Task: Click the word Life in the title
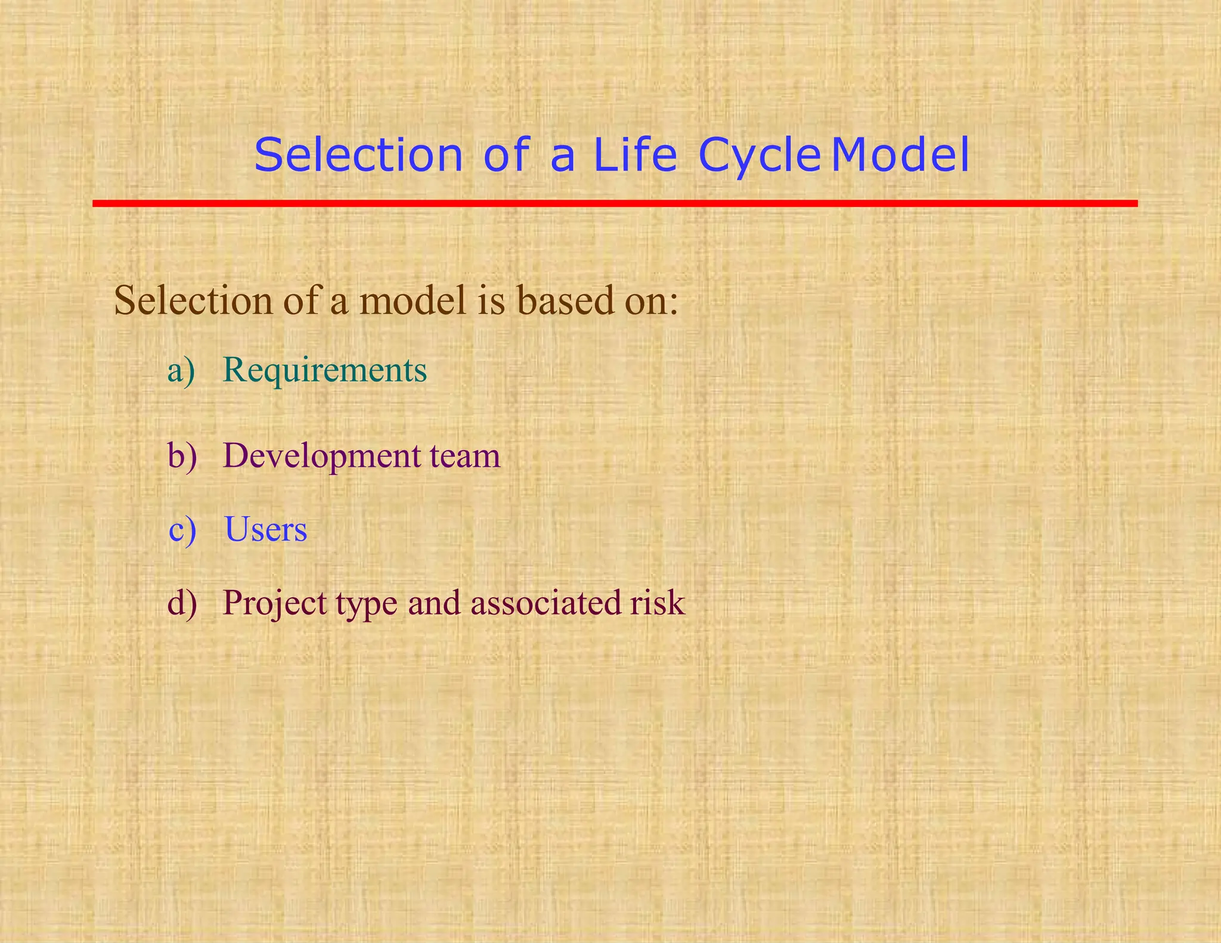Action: (x=635, y=155)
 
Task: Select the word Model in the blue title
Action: (x=900, y=155)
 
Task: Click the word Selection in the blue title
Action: (x=358, y=155)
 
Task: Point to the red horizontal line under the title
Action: (x=614, y=203)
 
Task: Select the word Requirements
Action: (x=325, y=371)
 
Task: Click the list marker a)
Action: (x=181, y=371)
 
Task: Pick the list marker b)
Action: (x=182, y=456)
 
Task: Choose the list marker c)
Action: (x=182, y=530)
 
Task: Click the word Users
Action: (x=266, y=529)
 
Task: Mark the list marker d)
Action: (x=182, y=603)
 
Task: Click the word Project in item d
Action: (x=275, y=604)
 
